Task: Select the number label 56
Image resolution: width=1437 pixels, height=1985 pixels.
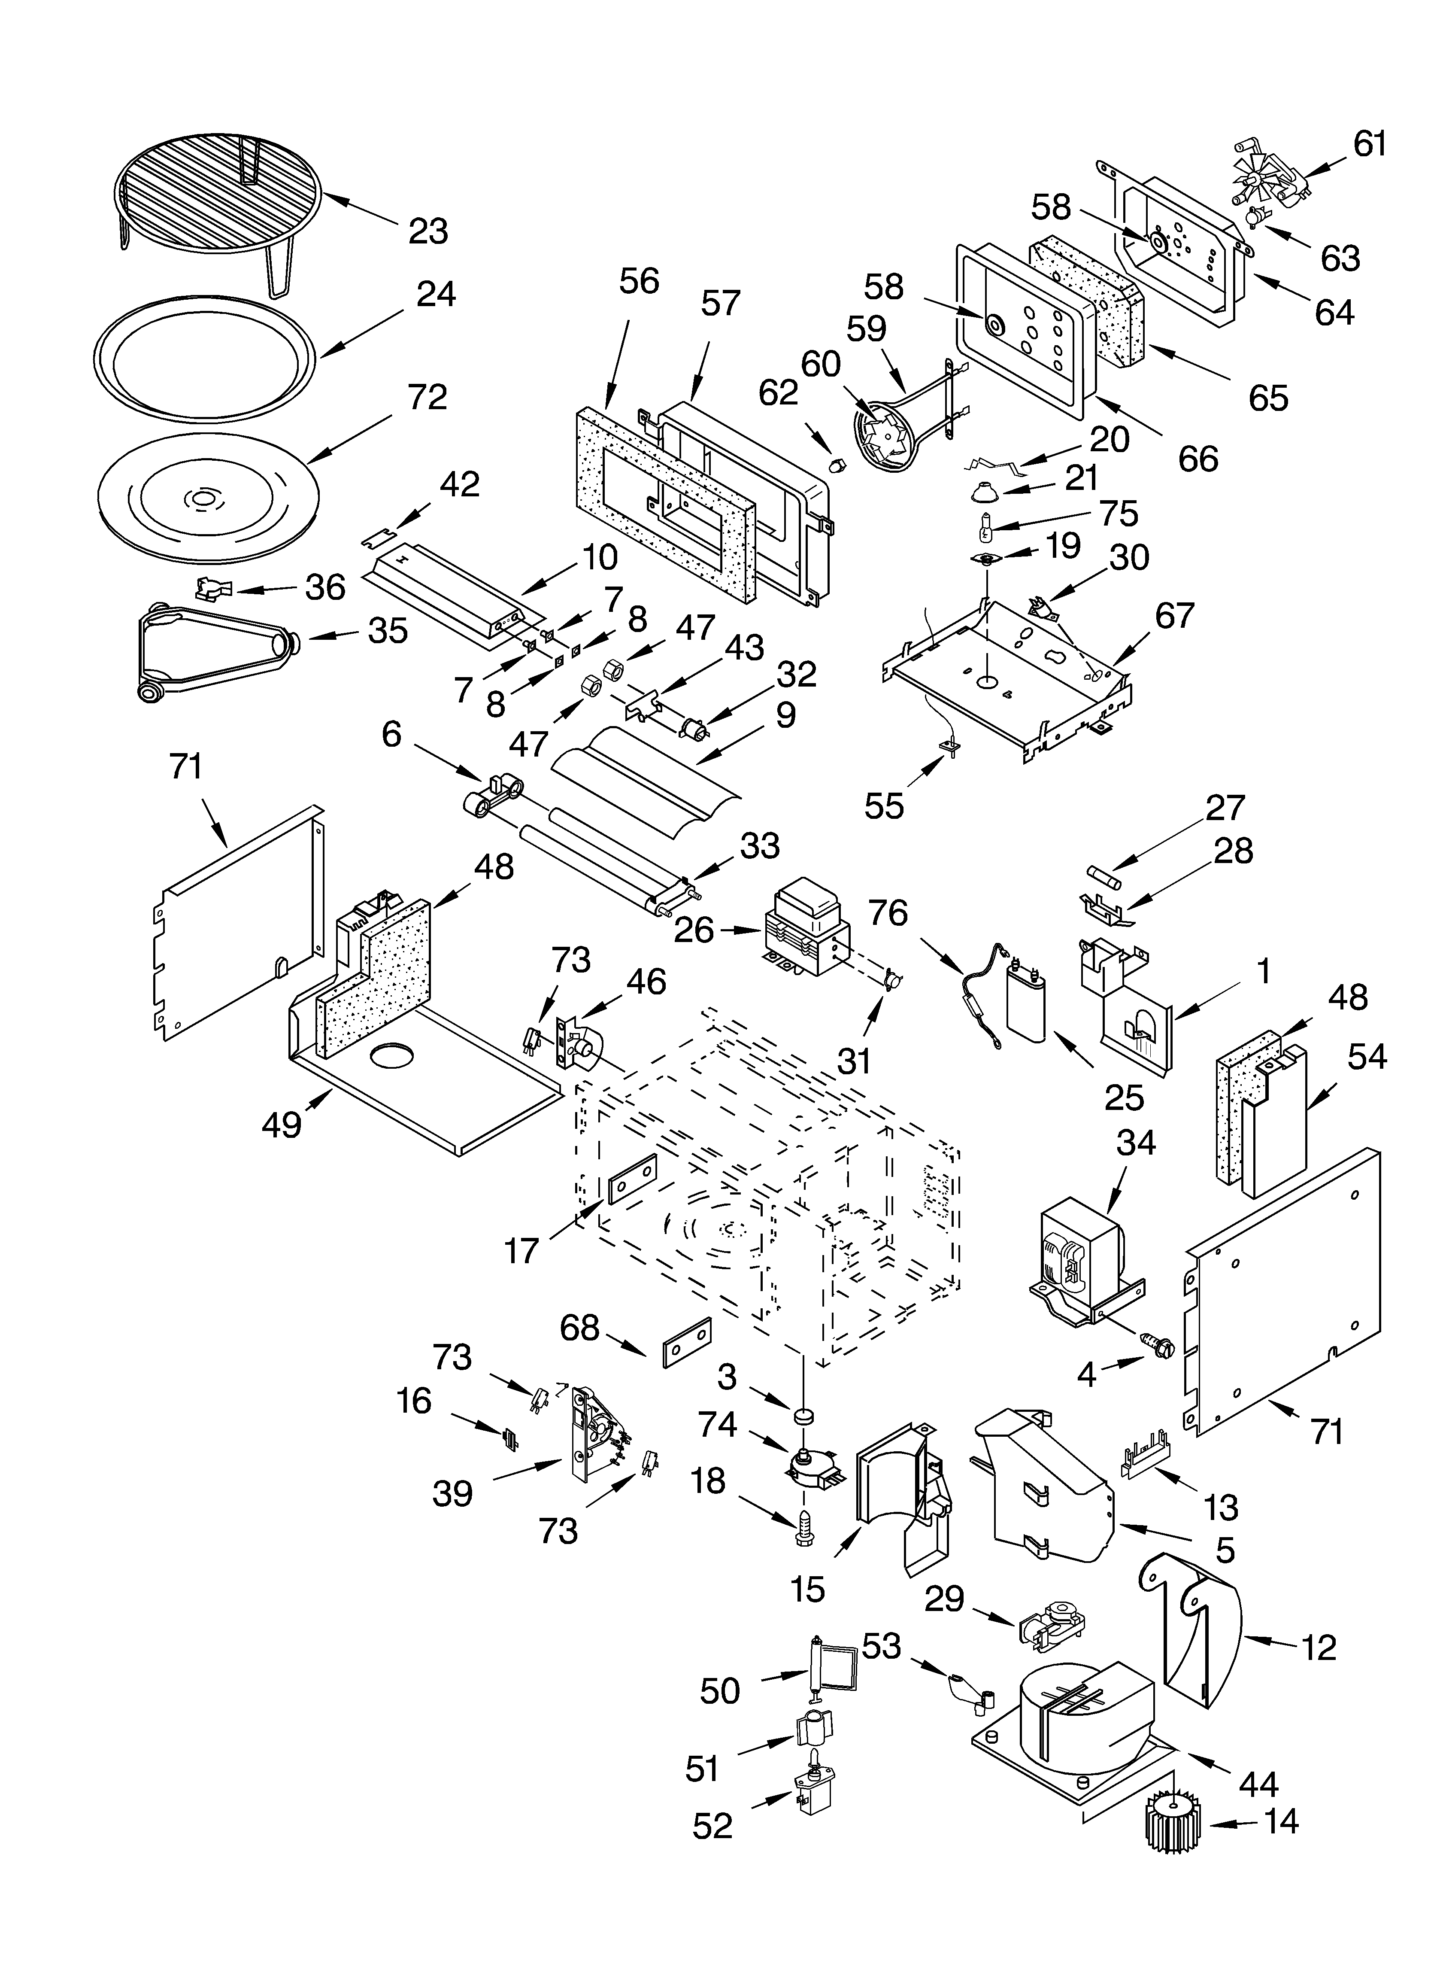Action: (x=639, y=281)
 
